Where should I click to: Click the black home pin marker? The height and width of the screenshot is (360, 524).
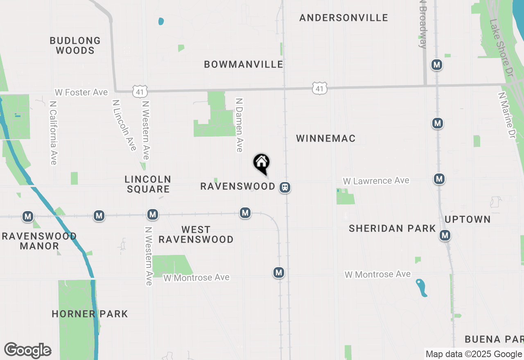[261, 163]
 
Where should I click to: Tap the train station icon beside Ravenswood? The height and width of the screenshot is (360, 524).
[285, 187]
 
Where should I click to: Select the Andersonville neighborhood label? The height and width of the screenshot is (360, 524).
[343, 18]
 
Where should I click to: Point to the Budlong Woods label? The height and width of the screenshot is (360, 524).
[75, 45]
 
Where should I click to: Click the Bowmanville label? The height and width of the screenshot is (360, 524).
[244, 64]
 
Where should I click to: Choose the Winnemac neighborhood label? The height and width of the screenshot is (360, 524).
[325, 139]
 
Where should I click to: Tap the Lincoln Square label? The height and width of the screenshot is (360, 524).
[148, 184]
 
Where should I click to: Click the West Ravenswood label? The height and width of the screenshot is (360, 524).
[196, 234]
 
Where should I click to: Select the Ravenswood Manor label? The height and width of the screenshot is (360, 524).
[39, 241]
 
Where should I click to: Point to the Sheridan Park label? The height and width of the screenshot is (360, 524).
[392, 229]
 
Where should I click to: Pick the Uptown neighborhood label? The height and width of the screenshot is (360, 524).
[468, 219]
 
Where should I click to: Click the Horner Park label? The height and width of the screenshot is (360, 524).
[90, 314]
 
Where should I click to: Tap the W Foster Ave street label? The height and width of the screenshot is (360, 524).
[81, 92]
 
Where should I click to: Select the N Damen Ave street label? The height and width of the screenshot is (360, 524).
[239, 125]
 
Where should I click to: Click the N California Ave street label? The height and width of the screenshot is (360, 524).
[53, 133]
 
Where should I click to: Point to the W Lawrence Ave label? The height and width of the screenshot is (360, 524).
[376, 181]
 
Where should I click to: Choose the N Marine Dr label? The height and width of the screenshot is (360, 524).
[506, 115]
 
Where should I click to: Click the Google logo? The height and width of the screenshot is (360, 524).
[27, 350]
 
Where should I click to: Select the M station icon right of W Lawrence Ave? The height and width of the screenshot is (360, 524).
[439, 179]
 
